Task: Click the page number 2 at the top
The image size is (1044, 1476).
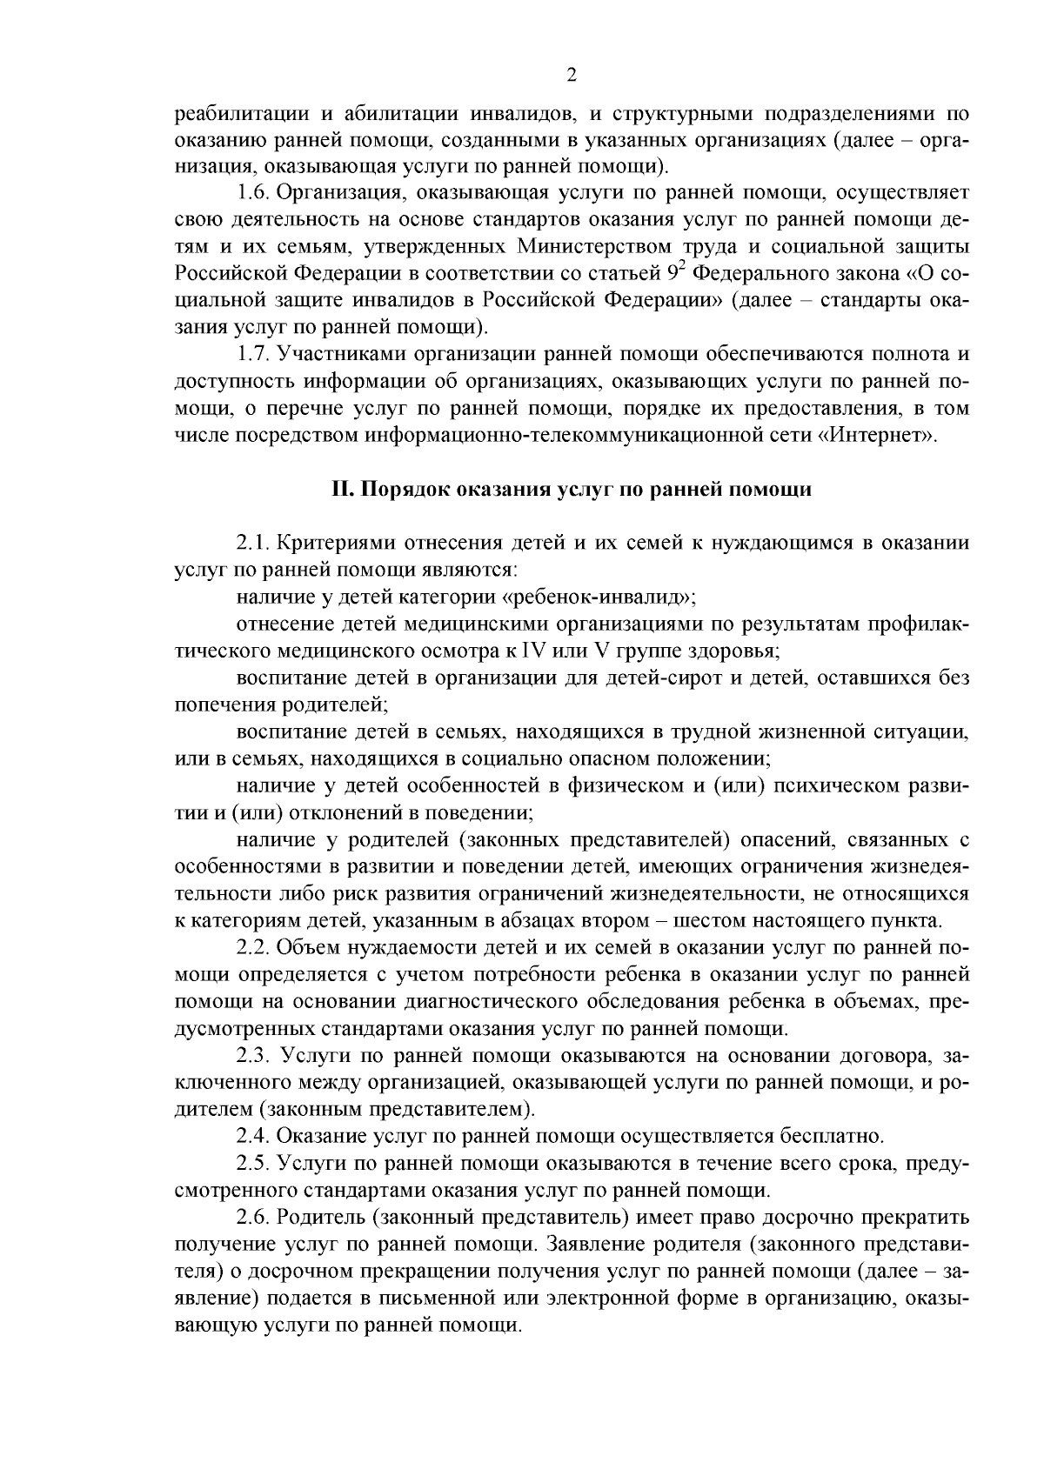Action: (571, 76)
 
